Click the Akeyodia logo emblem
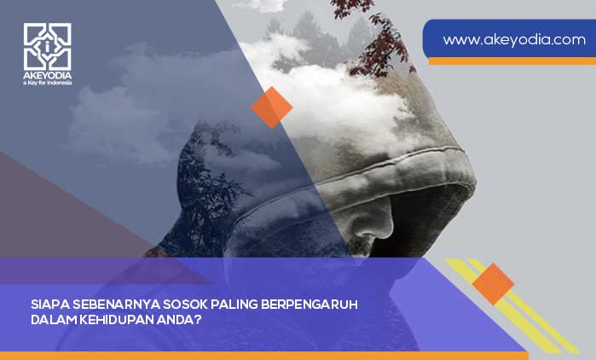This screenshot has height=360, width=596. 48,46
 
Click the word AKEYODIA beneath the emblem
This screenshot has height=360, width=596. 48,74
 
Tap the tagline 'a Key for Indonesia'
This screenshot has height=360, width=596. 48,83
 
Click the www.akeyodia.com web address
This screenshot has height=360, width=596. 514,39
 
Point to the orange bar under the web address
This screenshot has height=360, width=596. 512,61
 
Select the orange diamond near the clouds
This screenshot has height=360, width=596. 272,107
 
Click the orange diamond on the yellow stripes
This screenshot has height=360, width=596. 492,284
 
